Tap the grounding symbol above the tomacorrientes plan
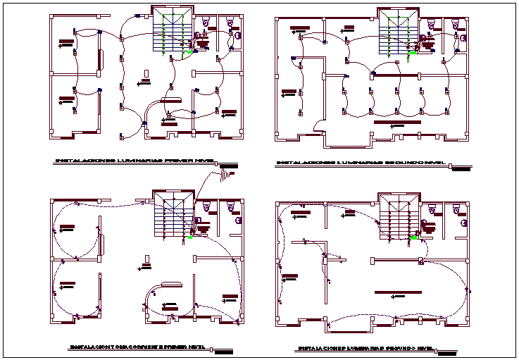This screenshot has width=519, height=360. [x=227, y=171]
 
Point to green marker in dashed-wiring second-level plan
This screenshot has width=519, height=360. [x=414, y=238]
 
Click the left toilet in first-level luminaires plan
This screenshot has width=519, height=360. [x=206, y=23]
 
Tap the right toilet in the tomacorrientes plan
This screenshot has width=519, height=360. [x=232, y=206]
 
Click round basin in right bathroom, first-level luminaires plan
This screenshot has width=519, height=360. [x=238, y=35]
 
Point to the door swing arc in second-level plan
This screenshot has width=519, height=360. [x=320, y=127]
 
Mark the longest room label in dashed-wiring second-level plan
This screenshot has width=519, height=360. [x=399, y=292]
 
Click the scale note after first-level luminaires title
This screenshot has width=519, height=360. [x=230, y=166]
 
